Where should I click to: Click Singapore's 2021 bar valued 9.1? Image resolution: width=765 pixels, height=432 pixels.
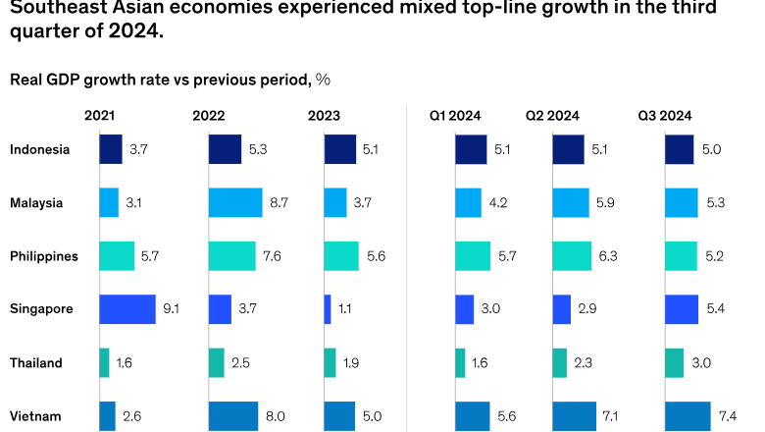(127, 309)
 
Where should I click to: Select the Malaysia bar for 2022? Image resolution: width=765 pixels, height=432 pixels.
(235, 203)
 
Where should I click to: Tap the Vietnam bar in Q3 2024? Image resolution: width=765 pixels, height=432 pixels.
(688, 415)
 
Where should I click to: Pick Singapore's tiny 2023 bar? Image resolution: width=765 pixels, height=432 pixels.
(328, 309)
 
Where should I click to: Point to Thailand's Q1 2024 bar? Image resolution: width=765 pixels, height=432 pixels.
(460, 362)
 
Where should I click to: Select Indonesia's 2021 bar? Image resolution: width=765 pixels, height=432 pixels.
(111, 149)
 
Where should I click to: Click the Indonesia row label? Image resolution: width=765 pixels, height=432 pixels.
(40, 149)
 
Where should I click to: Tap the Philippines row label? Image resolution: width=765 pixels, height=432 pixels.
(44, 256)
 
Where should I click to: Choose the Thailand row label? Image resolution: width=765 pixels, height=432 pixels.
(36, 362)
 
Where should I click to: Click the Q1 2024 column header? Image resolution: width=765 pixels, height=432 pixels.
(455, 116)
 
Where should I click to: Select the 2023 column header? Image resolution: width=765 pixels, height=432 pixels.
(324, 116)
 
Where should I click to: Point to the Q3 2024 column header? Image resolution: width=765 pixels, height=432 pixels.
(665, 116)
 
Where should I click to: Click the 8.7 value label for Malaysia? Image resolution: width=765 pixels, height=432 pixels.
(279, 203)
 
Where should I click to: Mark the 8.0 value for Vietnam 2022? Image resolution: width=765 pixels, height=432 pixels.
(275, 415)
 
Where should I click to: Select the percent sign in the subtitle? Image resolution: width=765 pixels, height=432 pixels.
(323, 80)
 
